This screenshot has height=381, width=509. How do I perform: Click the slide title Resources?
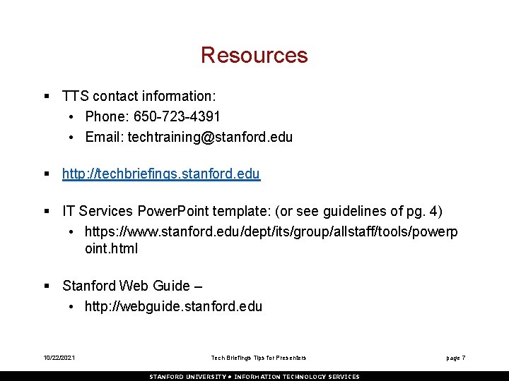[x=254, y=55]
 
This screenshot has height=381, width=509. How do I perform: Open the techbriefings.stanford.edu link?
[x=161, y=174]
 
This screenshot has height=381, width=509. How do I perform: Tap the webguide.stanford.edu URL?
[x=173, y=306]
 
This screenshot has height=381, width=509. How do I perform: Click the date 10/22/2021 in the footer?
[x=59, y=358]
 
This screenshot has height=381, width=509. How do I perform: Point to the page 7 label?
[x=455, y=358]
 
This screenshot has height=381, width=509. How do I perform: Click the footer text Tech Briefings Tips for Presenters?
[x=259, y=358]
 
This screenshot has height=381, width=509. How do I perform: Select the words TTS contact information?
[x=139, y=95]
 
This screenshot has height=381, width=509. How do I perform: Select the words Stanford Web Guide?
[x=126, y=286]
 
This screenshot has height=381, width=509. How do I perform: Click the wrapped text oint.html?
[x=111, y=248]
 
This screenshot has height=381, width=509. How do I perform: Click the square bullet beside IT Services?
[x=46, y=211]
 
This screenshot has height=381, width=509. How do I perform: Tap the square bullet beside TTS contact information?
[x=46, y=95]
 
